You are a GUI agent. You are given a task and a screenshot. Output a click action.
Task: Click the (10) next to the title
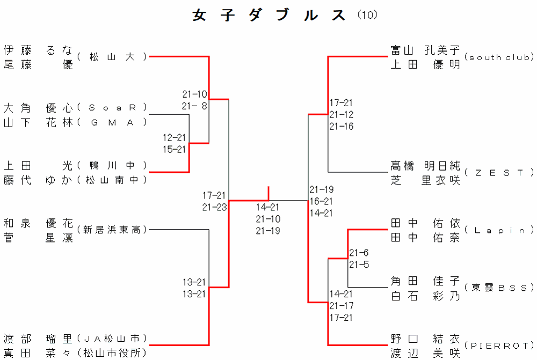[367, 15]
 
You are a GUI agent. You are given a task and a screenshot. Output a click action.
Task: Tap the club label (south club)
[499, 57]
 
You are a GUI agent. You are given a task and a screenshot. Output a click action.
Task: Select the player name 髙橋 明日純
[425, 165]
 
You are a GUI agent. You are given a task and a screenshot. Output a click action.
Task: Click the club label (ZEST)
[499, 173]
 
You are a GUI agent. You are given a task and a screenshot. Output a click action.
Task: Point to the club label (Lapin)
[499, 230]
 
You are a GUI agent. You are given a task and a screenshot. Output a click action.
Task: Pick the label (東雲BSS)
[499, 287]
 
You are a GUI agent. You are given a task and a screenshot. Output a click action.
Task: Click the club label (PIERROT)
[499, 345]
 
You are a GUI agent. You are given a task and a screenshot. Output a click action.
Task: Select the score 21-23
[214, 207]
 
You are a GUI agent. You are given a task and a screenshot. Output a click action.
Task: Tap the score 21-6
[359, 253]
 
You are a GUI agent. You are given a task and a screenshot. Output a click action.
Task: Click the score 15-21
[175, 149]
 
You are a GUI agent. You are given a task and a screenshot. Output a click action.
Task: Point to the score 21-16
[342, 127]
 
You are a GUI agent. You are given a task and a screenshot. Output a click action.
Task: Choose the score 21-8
[194, 106]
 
